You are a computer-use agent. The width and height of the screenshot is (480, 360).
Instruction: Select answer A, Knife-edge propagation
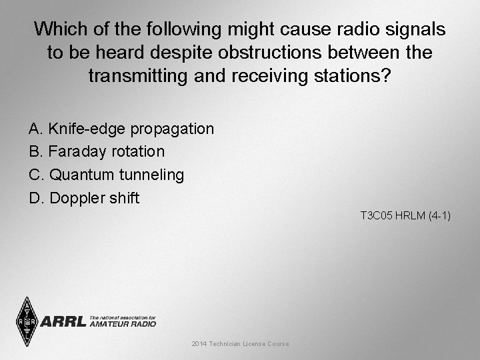click(x=121, y=128)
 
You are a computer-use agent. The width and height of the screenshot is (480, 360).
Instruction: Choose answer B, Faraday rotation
click(x=97, y=151)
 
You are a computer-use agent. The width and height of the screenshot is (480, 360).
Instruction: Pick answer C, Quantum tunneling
click(x=107, y=175)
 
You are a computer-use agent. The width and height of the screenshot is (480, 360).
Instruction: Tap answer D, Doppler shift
click(x=84, y=198)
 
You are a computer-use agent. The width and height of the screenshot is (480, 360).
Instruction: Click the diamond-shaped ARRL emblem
click(x=27, y=321)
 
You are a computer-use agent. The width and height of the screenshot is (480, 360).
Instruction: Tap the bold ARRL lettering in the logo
click(x=64, y=322)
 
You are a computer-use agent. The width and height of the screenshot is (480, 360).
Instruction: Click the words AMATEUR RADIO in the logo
click(x=123, y=324)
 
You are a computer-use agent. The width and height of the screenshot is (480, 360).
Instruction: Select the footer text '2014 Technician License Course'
click(x=240, y=343)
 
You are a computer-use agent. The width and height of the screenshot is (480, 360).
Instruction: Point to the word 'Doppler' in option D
click(x=75, y=198)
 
